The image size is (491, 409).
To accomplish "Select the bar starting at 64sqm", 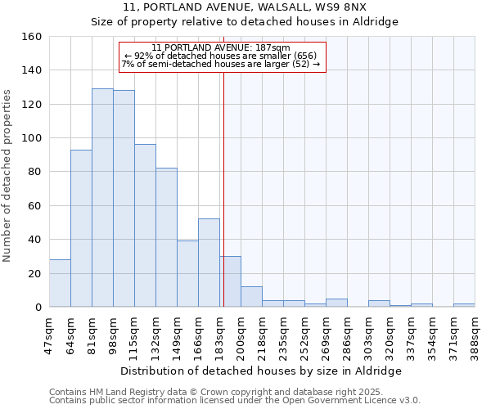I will click(x=81, y=228).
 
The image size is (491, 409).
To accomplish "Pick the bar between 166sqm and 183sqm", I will click(x=209, y=263).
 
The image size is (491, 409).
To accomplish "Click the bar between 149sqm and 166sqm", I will click(x=187, y=274).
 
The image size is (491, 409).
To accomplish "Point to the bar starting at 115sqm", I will click(x=145, y=226).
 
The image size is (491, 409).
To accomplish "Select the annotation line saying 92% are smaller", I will click(x=220, y=56).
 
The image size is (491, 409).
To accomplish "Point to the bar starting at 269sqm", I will click(x=336, y=303).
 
